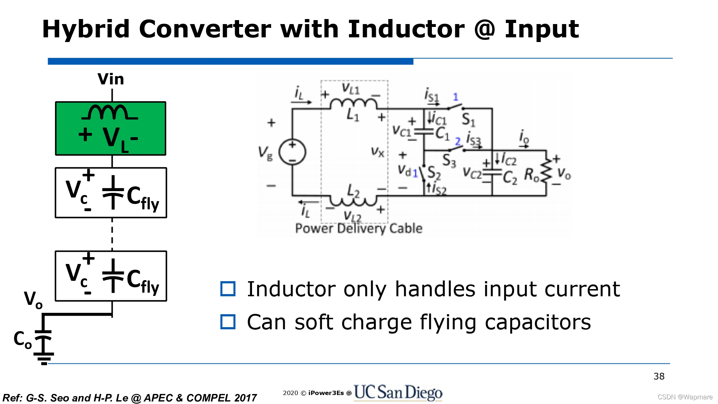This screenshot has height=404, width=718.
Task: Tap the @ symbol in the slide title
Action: tap(484, 29)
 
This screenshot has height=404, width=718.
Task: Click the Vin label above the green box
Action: tap(111, 79)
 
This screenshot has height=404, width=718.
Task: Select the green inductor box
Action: tap(111, 128)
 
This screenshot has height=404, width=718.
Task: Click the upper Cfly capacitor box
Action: tap(111, 193)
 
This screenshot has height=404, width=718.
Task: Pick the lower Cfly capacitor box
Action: tap(111, 276)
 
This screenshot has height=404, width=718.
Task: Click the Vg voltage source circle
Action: tap(292, 152)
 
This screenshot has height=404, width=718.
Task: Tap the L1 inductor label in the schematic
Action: tap(353, 115)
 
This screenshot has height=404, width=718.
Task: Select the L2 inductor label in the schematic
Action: tap(353, 191)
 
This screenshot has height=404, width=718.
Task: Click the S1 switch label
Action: tap(468, 119)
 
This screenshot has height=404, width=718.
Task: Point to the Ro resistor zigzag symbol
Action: tap(546, 171)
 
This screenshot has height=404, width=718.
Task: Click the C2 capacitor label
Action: tap(510, 177)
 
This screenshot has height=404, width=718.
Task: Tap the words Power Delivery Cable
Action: tap(358, 228)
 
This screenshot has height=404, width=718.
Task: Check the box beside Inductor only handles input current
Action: tap(228, 289)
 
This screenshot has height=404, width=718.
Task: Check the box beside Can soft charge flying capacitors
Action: tap(228, 322)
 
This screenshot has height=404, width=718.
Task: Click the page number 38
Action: tap(659, 376)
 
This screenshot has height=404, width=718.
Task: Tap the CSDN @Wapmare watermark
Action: tap(685, 397)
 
